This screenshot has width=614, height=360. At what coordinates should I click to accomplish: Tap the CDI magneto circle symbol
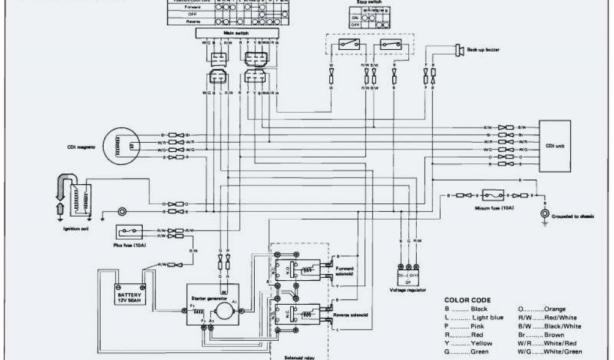pos(123,146)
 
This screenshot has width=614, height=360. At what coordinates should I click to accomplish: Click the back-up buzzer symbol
pos(460,51)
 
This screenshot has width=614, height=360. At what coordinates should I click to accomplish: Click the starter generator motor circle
pos(225,310)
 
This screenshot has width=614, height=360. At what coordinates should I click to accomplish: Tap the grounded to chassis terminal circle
pos(544,214)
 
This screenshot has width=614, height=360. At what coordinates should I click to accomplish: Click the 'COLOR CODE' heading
pos(467,300)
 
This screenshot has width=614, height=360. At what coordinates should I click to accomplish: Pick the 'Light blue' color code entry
pos(487,317)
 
